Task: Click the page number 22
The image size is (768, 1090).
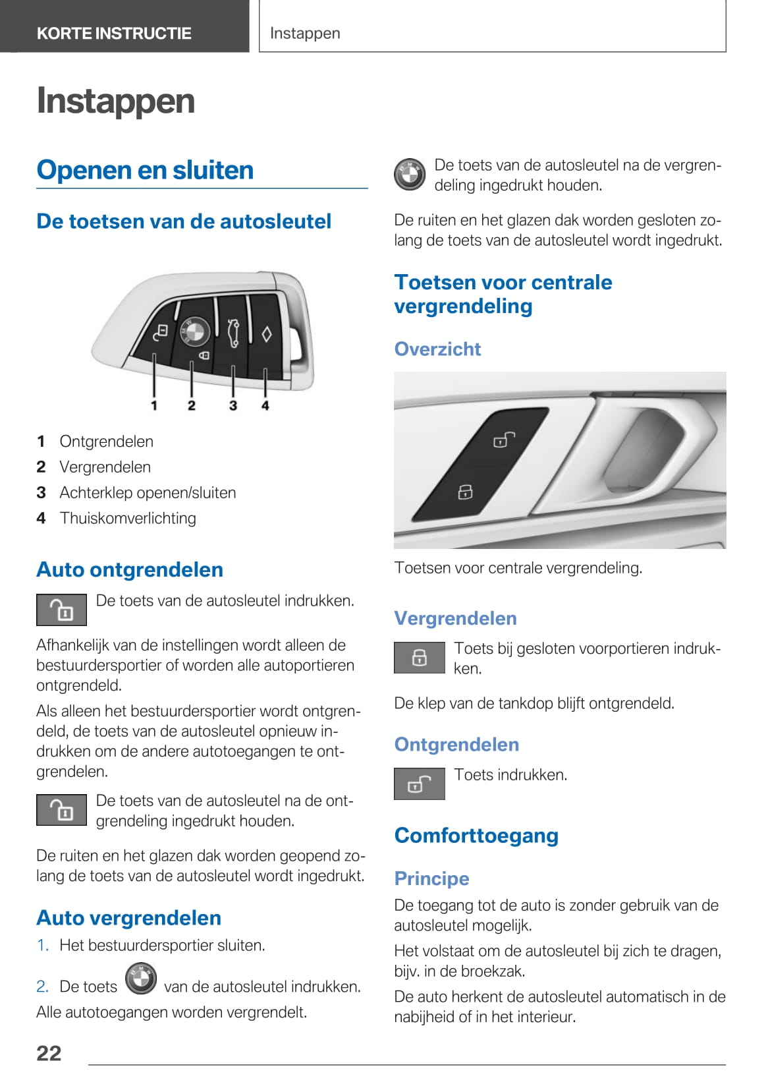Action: (x=49, y=1053)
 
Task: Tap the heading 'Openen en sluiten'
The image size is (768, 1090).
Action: (x=145, y=170)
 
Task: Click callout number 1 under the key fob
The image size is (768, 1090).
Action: (x=154, y=405)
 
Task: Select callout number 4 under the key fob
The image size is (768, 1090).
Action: (x=265, y=405)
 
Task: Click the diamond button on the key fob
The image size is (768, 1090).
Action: (x=266, y=334)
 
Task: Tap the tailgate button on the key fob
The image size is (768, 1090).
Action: (x=233, y=332)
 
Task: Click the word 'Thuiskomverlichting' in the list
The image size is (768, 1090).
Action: (x=128, y=518)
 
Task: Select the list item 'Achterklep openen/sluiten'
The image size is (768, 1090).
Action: (x=148, y=492)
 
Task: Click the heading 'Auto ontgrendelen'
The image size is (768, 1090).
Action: (x=130, y=569)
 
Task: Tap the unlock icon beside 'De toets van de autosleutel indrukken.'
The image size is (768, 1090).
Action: (x=61, y=610)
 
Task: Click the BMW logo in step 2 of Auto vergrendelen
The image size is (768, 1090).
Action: (x=140, y=979)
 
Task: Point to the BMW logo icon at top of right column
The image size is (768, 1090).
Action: (x=410, y=175)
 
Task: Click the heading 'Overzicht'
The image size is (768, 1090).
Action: (x=437, y=349)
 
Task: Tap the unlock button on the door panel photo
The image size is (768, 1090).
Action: (x=504, y=439)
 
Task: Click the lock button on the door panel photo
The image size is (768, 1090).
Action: (x=465, y=492)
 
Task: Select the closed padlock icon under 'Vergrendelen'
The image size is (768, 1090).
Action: (x=420, y=657)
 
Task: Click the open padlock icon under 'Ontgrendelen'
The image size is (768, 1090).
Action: (x=420, y=784)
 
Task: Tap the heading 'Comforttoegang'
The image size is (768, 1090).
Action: (x=476, y=835)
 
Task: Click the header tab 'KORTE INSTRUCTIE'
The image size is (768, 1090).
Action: (x=114, y=33)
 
